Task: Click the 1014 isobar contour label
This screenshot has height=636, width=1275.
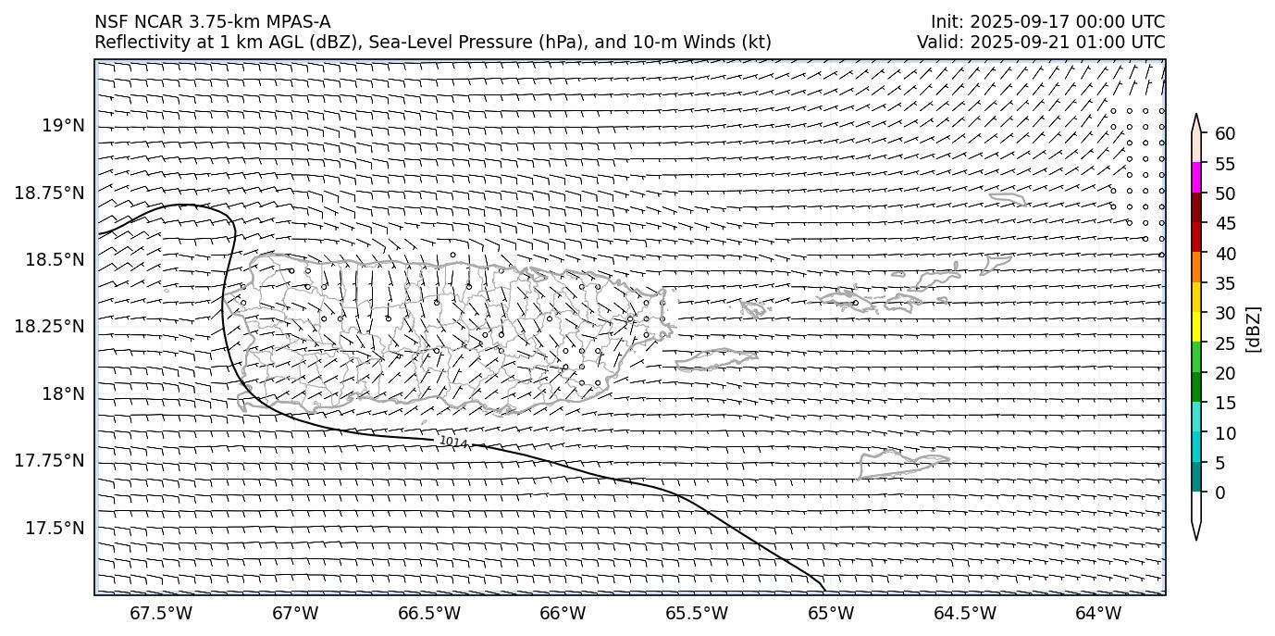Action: pos(454,443)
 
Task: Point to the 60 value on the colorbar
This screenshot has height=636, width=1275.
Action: pos(1225,134)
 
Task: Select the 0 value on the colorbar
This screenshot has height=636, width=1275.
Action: pos(1219,493)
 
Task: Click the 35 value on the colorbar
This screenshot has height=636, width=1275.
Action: pos(1225,283)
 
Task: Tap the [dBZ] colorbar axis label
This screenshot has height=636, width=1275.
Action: pos(1254,329)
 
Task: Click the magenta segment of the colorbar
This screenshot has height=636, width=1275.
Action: pos(1196,178)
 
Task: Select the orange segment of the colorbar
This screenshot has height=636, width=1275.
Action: pos(1196,268)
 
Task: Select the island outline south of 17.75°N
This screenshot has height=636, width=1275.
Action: pos(902,463)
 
